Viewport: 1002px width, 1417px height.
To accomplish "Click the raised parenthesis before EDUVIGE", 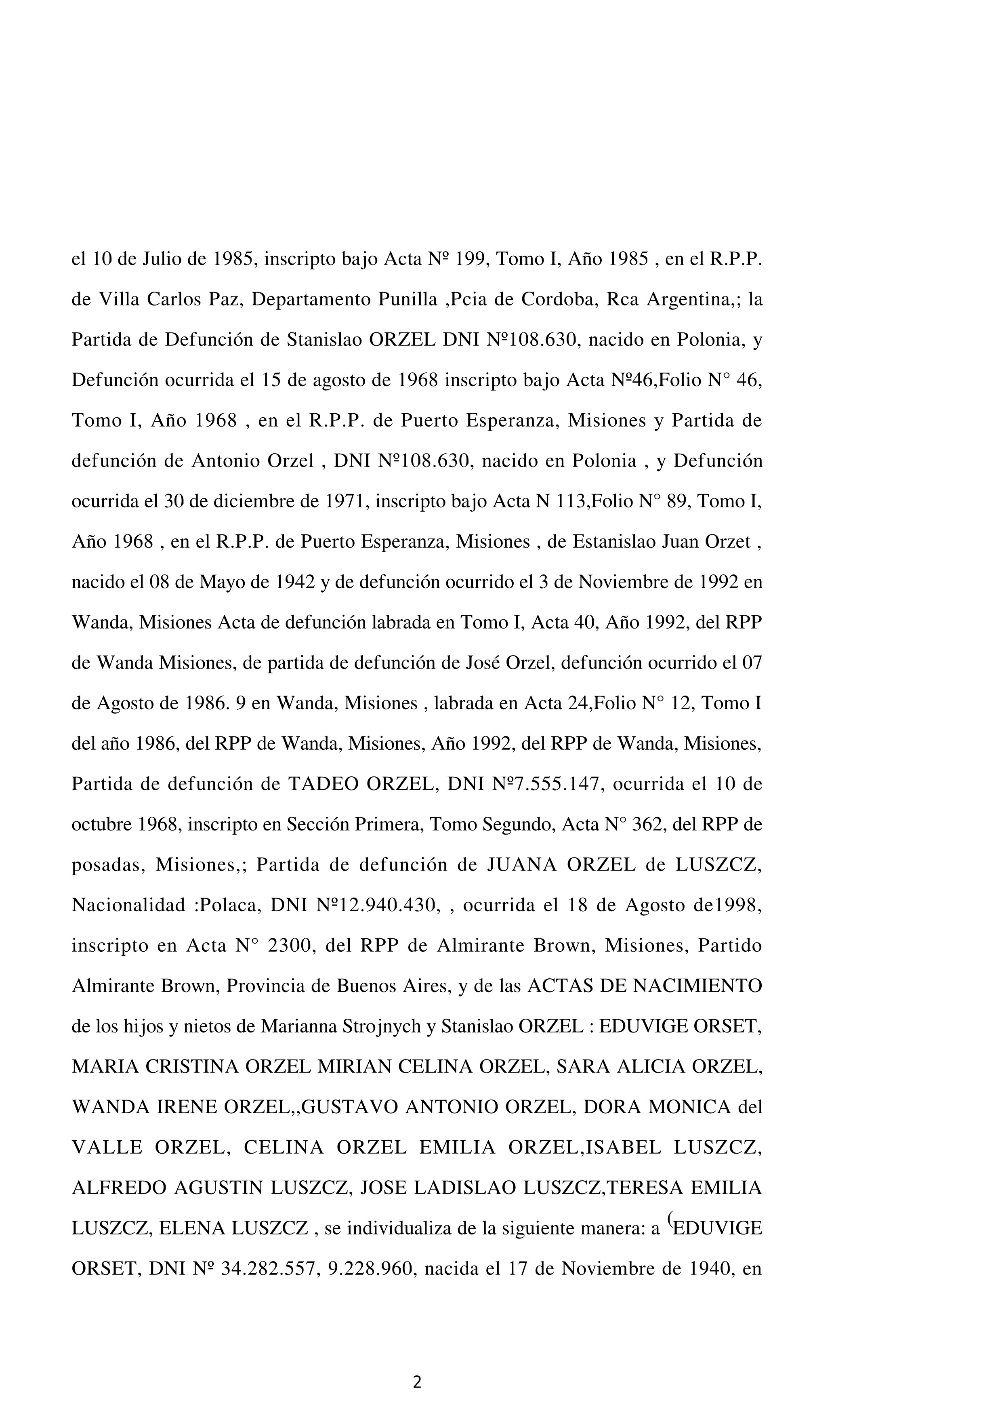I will tap(668, 1221).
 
